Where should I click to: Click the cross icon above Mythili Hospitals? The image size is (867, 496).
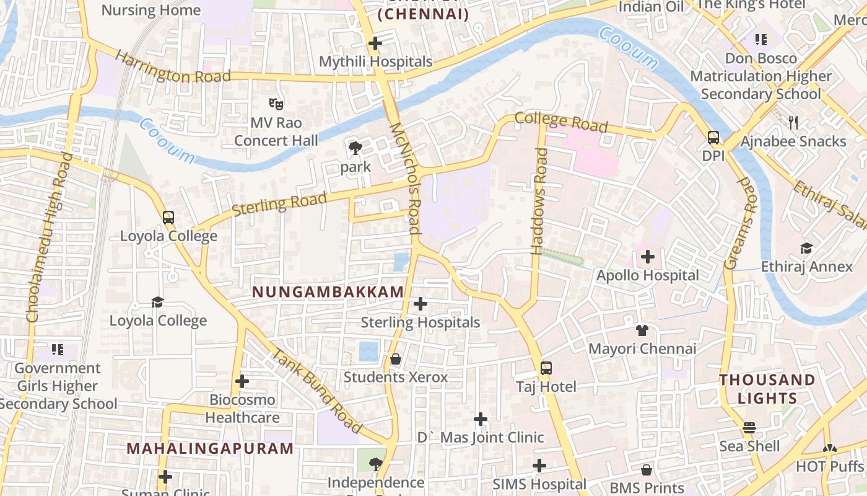[x=375, y=43]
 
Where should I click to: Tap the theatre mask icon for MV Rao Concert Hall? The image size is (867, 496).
[x=276, y=104]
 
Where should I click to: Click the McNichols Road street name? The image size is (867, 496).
[x=405, y=177]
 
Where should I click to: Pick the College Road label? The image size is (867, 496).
[x=561, y=121]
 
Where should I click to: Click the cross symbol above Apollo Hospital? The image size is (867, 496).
[x=648, y=256]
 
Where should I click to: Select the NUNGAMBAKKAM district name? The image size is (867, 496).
[x=328, y=291]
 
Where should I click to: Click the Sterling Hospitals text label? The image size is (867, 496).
[x=420, y=322]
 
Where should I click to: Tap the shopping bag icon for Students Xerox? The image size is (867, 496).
[x=395, y=359]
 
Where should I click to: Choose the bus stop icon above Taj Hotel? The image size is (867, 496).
[x=546, y=368]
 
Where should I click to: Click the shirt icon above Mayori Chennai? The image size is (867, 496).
[x=642, y=330]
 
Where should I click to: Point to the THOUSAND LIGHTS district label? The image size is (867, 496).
[x=767, y=389]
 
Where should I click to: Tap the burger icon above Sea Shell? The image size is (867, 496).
[x=749, y=428]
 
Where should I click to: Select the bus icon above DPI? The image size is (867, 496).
[x=713, y=138]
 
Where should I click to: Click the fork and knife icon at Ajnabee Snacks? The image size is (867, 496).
[x=793, y=123]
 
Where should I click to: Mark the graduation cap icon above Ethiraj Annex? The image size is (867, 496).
[x=806, y=249]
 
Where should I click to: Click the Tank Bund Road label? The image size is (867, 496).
[x=316, y=391]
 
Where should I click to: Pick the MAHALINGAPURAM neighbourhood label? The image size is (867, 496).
[x=210, y=448]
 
